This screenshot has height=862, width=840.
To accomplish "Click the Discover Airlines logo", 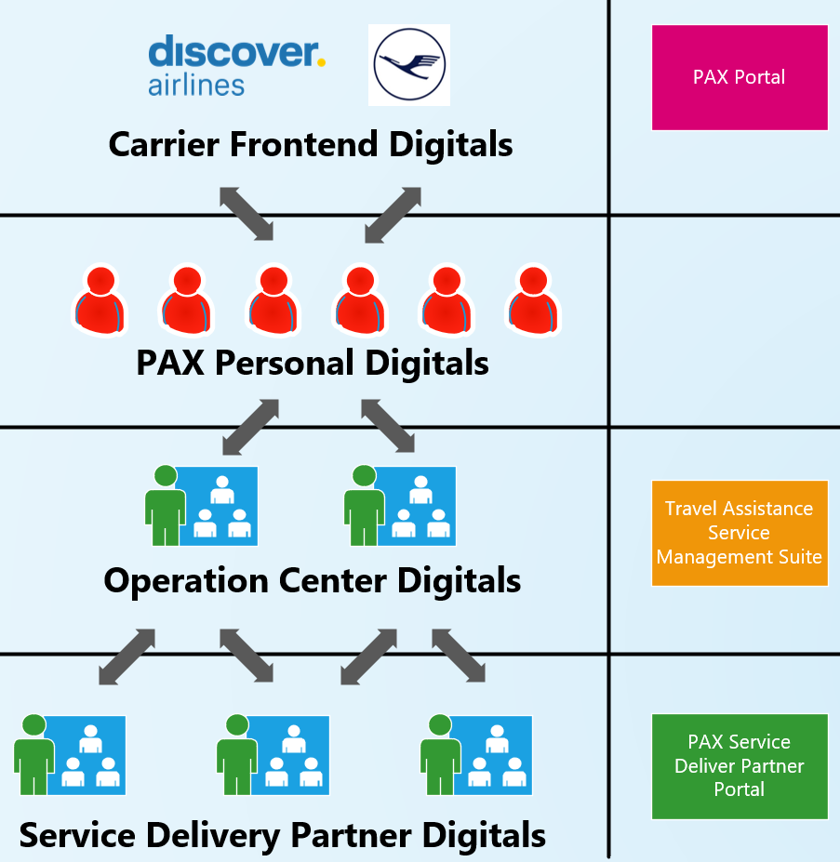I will click(x=237, y=65).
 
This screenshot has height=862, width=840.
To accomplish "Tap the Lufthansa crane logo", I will click(x=409, y=64).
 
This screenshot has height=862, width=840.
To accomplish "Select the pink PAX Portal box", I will click(x=740, y=77).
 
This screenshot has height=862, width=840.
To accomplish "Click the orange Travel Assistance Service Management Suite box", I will click(x=740, y=533).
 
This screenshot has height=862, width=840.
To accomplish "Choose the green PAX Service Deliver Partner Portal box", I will click(x=740, y=765).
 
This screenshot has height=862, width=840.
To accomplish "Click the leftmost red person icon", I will click(x=100, y=299).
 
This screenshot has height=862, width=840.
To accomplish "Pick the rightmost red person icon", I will click(x=532, y=299).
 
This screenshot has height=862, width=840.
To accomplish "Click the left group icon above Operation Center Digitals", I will click(x=202, y=506).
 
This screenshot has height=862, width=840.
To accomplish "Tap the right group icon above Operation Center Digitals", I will click(x=400, y=506).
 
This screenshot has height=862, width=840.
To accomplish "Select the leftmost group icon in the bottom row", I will click(x=70, y=754).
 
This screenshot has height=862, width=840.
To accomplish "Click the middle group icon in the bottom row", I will click(x=273, y=754).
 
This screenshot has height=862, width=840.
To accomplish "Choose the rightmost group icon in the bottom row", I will click(x=476, y=754).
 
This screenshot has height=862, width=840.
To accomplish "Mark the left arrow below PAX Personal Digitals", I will click(x=251, y=427).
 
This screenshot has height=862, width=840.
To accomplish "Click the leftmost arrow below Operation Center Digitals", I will click(x=127, y=656).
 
